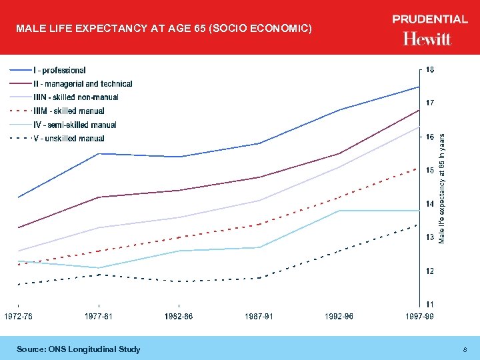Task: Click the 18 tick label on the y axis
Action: (430, 69)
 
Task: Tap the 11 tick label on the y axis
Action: (430, 305)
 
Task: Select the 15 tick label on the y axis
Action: (430, 170)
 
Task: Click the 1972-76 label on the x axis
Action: (19, 316)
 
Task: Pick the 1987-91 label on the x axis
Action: (259, 316)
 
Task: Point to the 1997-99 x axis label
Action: (419, 316)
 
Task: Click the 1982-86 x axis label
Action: (179, 316)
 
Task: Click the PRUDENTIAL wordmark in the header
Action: (430, 19)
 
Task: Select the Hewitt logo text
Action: (427, 39)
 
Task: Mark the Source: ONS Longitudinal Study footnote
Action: (79, 349)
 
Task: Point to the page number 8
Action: (465, 349)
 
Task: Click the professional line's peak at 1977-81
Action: (99, 153)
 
